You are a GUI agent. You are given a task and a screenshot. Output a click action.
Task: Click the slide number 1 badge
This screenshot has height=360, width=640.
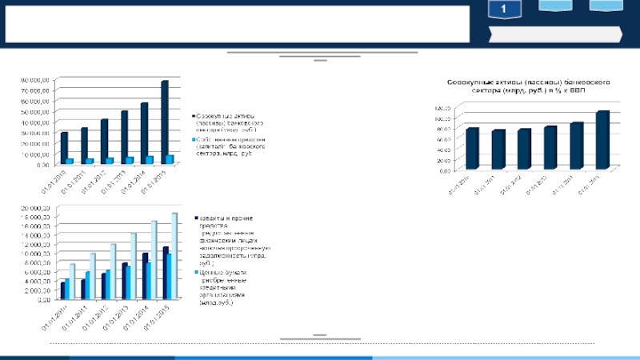[505, 10]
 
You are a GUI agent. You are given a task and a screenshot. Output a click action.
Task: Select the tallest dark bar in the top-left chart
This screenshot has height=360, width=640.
[164, 122]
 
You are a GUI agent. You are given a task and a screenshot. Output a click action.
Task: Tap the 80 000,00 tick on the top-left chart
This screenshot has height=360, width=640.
[35, 80]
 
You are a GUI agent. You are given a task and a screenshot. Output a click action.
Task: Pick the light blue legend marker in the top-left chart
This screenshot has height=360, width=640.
[192, 138]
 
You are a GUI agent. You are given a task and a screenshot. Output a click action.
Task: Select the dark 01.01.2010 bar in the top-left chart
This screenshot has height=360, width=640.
[64, 147]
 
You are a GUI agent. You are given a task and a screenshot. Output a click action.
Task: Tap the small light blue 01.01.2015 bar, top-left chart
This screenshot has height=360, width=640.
[170, 158]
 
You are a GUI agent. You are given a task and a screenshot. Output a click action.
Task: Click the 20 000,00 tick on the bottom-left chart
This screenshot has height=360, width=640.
[35, 208]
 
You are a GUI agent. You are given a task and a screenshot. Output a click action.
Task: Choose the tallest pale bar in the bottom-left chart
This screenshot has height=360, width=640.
[174, 254]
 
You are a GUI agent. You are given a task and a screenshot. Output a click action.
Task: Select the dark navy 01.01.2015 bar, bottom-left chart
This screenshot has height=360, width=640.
[165, 271]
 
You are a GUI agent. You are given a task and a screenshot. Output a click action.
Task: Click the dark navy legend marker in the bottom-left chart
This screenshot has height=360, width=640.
[193, 217]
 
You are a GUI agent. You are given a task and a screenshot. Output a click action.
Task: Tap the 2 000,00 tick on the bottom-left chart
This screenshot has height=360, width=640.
[37, 290]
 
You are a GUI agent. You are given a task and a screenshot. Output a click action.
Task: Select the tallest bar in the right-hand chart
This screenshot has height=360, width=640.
[602, 139]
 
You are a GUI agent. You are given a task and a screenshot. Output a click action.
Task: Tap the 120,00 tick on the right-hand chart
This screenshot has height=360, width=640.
[442, 107]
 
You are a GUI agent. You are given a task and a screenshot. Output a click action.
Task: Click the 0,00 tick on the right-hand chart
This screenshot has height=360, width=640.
[445, 170]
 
